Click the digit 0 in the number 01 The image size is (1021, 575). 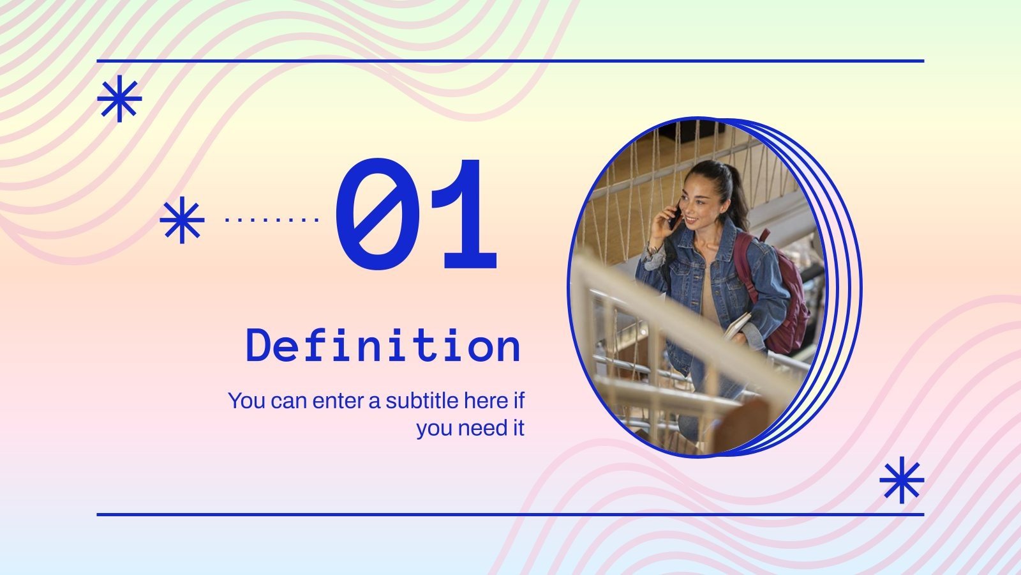click(376, 214)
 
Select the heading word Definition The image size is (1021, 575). click(384, 346)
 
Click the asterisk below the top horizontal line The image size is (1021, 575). click(119, 98)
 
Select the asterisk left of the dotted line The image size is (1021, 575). click(182, 220)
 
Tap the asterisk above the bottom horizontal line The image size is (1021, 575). click(901, 480)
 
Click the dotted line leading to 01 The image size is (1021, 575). click(272, 220)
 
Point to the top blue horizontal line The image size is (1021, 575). click(511, 61)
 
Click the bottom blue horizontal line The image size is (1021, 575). click(511, 514)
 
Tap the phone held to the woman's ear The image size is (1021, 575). click(673, 217)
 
